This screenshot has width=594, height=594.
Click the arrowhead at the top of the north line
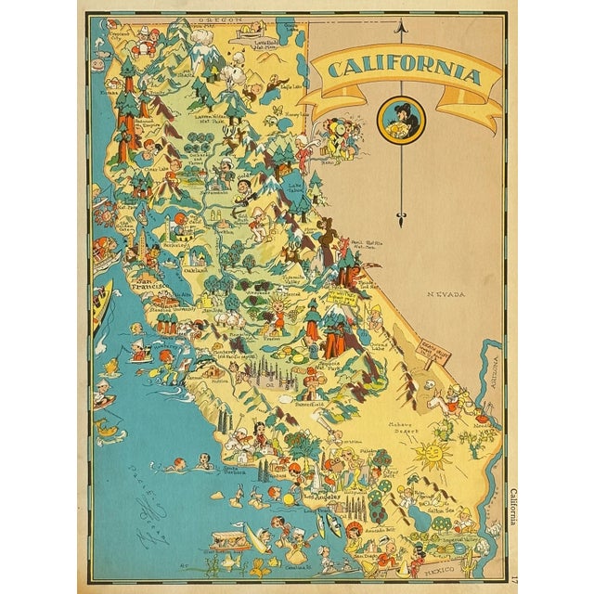pos(400,29)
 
